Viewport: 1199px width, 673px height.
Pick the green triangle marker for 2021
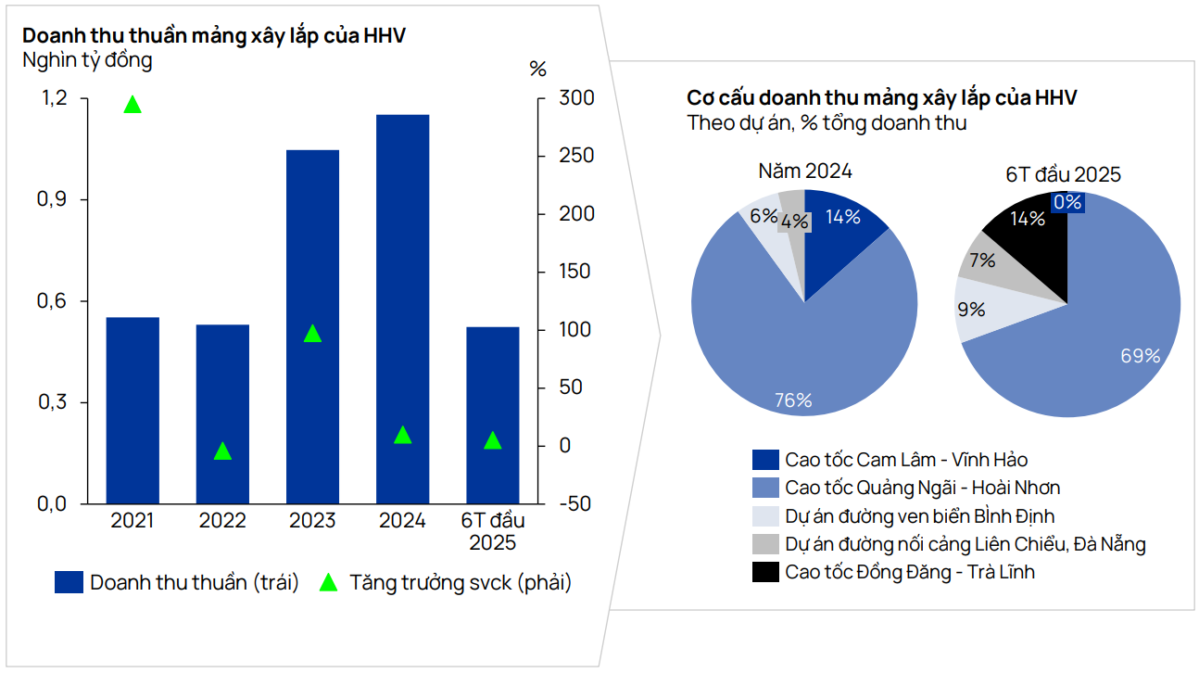pyautogui.click(x=133, y=105)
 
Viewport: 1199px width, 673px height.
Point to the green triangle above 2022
pyautogui.click(x=222, y=451)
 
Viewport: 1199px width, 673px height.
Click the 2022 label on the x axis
pyautogui.click(x=222, y=521)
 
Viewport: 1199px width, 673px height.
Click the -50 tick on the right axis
pyautogui.click(x=575, y=504)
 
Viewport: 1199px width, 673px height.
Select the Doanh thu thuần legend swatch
pyautogui.click(x=69, y=583)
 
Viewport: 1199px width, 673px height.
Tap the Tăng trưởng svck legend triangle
pyautogui.click(x=328, y=583)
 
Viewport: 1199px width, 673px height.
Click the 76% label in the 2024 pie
pyautogui.click(x=793, y=400)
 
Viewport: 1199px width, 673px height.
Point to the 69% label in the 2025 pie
pyautogui.click(x=1141, y=356)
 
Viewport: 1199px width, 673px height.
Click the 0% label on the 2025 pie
pyautogui.click(x=1067, y=201)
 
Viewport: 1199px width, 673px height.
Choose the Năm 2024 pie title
pyautogui.click(x=804, y=171)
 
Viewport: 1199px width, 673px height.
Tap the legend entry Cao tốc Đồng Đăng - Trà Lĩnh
pyautogui.click(x=909, y=572)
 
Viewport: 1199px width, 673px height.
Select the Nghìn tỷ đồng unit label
pyautogui.click(x=87, y=61)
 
